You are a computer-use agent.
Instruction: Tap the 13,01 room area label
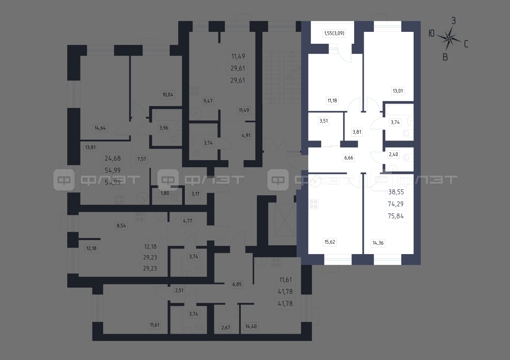pyautogui.click(x=398, y=91)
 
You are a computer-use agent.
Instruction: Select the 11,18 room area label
pyautogui.click(x=332, y=101)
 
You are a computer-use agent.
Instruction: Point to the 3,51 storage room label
pyautogui.click(x=324, y=121)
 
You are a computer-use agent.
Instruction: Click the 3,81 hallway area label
pyautogui.click(x=357, y=132)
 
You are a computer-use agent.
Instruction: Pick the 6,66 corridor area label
pyautogui.click(x=349, y=158)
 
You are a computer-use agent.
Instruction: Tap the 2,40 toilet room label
pyautogui.click(x=393, y=155)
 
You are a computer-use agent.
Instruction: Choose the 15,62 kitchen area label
pyautogui.click(x=330, y=242)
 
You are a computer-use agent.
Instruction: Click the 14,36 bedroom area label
pyautogui.click(x=378, y=243)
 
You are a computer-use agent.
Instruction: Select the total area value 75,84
pyautogui.click(x=396, y=216)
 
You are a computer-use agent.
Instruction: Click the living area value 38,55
pyautogui.click(x=396, y=192)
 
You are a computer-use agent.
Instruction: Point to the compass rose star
pyautogui.click(x=449, y=39)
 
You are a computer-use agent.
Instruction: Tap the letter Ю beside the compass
pyautogui.click(x=432, y=34)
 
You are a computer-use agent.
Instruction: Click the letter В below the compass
pyautogui.click(x=445, y=57)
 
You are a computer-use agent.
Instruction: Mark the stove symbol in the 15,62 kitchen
pyautogui.click(x=313, y=204)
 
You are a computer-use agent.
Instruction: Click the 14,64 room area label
pyautogui.click(x=100, y=128)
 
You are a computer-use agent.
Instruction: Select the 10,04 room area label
pyautogui.click(x=168, y=95)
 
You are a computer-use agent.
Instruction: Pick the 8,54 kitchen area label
pyautogui.click(x=121, y=226)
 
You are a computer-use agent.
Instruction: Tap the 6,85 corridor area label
pyautogui.click(x=237, y=284)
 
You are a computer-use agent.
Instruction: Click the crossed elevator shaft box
pyautogui.click(x=284, y=220)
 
